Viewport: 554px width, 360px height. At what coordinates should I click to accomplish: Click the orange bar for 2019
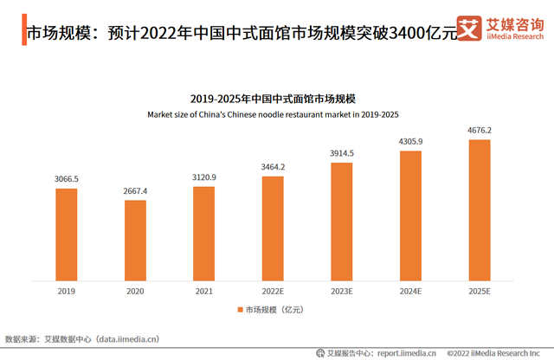[x=67, y=235]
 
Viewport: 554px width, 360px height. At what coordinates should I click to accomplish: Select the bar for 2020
[x=135, y=241]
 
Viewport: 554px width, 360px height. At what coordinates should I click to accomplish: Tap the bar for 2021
[x=203, y=234]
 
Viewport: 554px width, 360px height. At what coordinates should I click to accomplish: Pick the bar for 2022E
[x=273, y=228]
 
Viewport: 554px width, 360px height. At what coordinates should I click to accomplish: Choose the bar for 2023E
[x=341, y=222]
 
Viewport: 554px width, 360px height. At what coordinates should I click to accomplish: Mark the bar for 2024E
[x=410, y=215]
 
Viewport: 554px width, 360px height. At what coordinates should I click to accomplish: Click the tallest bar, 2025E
[x=479, y=210]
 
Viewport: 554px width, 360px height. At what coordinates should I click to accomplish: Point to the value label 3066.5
[x=67, y=179]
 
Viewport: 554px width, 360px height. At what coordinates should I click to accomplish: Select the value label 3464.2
[x=273, y=166]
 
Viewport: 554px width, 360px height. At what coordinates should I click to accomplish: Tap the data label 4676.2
[x=479, y=131]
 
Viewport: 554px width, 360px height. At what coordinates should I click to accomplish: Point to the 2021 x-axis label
[x=203, y=292]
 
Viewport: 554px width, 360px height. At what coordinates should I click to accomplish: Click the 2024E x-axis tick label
[x=410, y=292]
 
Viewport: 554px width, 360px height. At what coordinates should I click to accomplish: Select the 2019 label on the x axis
[x=67, y=292]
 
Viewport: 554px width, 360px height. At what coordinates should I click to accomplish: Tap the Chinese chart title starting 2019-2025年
[x=273, y=99]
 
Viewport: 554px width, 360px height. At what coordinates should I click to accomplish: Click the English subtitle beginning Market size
[x=273, y=113]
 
